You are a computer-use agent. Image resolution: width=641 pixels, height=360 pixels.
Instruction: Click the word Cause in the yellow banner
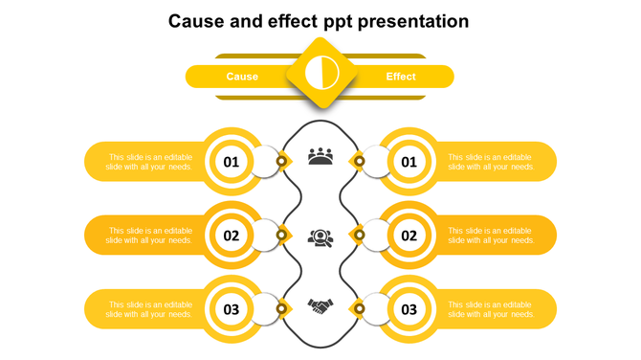click(242, 77)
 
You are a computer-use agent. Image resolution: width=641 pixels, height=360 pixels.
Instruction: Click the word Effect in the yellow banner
click(401, 77)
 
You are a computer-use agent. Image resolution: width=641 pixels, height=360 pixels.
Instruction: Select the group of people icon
click(320, 156)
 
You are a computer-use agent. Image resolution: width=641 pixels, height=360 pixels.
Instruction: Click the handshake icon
click(320, 306)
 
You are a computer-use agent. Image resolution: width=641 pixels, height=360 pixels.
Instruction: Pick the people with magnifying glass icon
click(320, 236)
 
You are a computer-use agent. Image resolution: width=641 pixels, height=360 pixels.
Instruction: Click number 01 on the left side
click(232, 162)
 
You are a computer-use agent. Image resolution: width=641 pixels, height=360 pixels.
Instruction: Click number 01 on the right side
click(409, 162)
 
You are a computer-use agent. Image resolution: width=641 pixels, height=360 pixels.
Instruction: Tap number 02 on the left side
click(232, 236)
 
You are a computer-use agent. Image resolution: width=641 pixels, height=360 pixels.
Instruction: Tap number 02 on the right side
click(409, 236)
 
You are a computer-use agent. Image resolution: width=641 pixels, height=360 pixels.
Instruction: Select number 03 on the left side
click(232, 309)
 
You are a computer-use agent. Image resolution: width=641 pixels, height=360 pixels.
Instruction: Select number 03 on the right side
click(409, 309)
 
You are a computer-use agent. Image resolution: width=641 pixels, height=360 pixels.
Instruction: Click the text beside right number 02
click(492, 236)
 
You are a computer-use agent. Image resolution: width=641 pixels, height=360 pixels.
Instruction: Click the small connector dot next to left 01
click(281, 161)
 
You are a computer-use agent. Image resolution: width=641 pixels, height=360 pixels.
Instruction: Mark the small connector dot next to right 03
click(359, 308)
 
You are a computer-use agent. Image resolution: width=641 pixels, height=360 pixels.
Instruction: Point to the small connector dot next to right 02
click(360, 235)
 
